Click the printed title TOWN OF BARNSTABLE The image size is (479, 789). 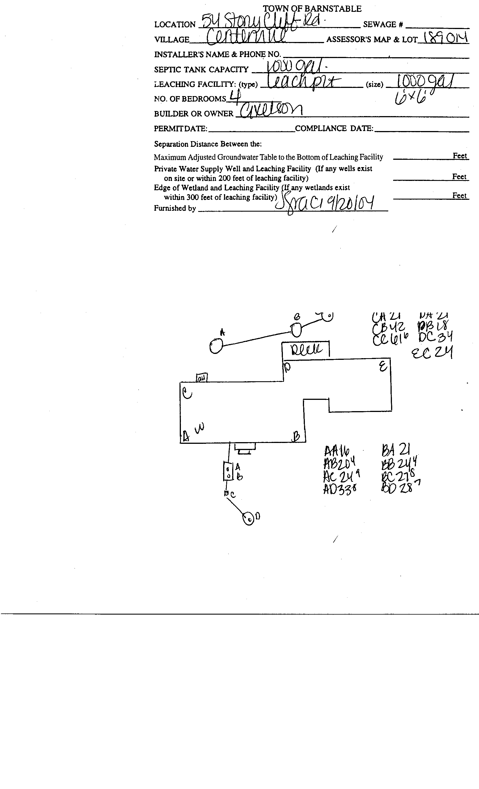[x=312, y=9]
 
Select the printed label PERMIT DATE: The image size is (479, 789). [x=181, y=128]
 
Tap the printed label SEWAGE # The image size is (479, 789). [x=383, y=24]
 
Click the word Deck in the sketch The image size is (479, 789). [x=306, y=349]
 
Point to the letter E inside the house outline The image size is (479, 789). [x=383, y=366]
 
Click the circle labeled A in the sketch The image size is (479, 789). [x=216, y=346]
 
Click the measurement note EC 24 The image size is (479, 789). [x=432, y=353]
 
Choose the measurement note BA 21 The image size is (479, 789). [x=396, y=450]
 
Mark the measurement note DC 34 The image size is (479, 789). [x=435, y=337]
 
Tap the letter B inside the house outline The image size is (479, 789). [x=296, y=437]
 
